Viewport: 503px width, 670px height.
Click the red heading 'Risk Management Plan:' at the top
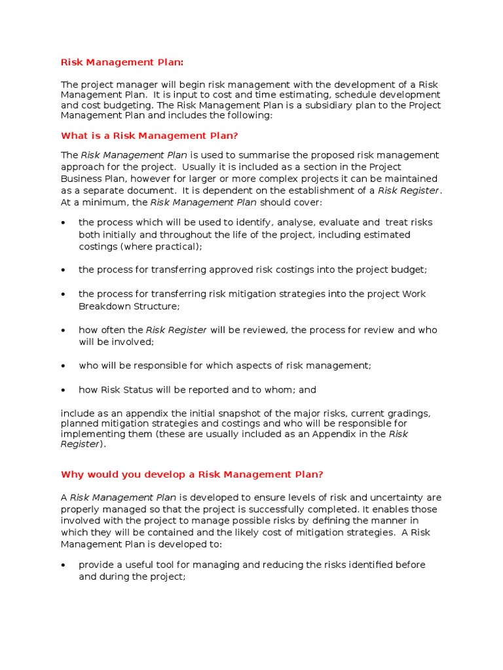click(122, 62)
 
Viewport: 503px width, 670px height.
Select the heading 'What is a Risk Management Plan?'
click(149, 135)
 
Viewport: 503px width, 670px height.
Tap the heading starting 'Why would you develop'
click(192, 474)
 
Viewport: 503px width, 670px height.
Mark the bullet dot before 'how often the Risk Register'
click(64, 330)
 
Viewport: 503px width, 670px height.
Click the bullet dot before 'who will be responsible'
click(64, 366)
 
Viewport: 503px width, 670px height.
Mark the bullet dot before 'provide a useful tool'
click(64, 565)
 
